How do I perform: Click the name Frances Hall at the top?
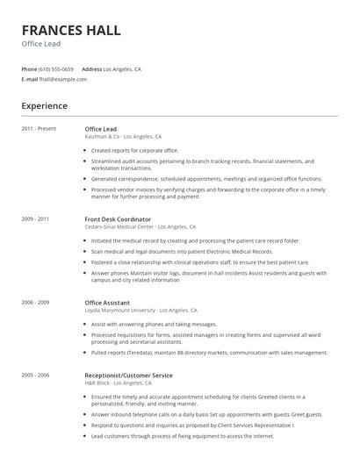(x=71, y=30)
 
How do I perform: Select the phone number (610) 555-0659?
(x=56, y=68)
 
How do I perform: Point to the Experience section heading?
(x=44, y=106)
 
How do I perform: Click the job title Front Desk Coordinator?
(x=118, y=218)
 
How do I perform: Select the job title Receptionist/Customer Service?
(x=128, y=375)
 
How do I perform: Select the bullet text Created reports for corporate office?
(x=134, y=150)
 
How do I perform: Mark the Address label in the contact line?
(x=91, y=68)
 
